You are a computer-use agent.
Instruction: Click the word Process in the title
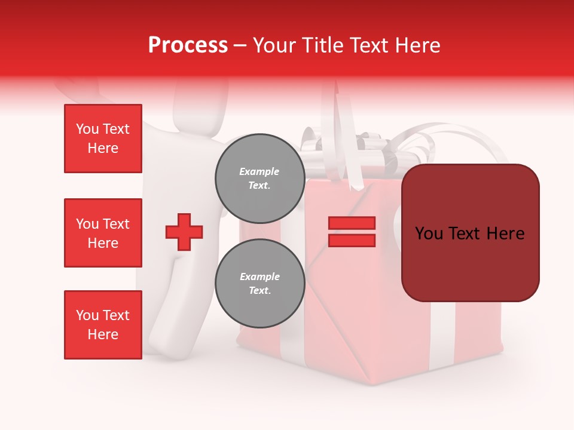coord(188,45)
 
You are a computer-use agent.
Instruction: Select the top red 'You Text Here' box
coord(103,139)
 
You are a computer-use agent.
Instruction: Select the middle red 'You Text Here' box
coord(103,233)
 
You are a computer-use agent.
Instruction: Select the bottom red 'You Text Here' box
coord(103,324)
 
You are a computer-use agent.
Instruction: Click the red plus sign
coord(184,232)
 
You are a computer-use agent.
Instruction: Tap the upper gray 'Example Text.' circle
coord(259,178)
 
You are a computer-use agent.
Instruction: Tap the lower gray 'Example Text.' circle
coord(259,283)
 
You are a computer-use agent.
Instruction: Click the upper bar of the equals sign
coord(352,223)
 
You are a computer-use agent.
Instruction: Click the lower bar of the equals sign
coord(352,240)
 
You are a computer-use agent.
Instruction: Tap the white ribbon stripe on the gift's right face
coord(442,334)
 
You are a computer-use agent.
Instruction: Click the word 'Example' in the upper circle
coord(259,171)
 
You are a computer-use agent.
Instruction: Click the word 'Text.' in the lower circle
coord(259,291)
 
